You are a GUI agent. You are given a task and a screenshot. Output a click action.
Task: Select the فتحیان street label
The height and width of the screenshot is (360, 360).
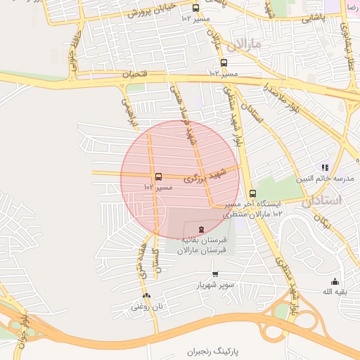(x=138, y=72)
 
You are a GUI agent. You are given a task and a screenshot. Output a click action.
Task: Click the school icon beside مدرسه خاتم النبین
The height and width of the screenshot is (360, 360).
(x=325, y=167)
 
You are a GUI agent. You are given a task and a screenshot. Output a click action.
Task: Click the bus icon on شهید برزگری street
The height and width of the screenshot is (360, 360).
(x=158, y=176)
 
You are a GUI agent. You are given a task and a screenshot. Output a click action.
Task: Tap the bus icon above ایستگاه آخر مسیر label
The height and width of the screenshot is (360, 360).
(x=252, y=193)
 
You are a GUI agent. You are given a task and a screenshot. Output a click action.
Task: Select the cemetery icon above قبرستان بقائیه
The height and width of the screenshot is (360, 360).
(x=202, y=229)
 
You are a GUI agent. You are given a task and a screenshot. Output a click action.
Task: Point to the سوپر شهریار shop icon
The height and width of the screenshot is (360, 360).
(x=215, y=274)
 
